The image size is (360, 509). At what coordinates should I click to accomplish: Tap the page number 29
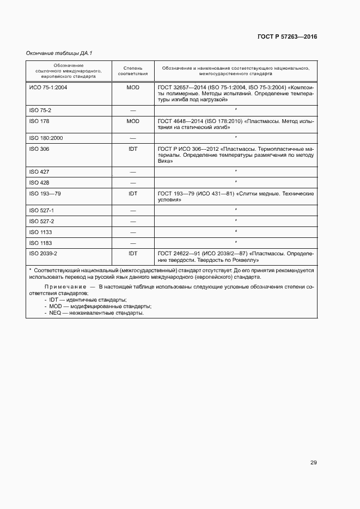click(314, 463)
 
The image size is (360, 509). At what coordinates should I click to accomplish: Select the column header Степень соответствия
click(133, 70)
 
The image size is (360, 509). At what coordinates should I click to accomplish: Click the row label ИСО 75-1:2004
click(47, 87)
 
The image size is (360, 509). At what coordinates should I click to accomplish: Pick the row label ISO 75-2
click(40, 110)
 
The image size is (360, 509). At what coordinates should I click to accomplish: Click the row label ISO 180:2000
click(46, 138)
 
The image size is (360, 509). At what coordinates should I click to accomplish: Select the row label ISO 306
click(39, 149)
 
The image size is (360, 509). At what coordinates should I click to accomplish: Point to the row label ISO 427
click(39, 171)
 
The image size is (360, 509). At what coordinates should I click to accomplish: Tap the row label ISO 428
click(39, 182)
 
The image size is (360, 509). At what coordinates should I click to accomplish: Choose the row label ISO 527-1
click(41, 210)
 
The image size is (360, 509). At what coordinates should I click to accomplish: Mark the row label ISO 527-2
click(41, 221)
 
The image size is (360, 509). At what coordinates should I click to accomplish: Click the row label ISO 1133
click(40, 232)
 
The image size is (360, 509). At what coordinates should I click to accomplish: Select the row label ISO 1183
click(40, 243)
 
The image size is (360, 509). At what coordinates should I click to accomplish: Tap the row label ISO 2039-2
click(43, 254)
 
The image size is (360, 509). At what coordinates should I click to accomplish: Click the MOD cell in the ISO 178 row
click(133, 121)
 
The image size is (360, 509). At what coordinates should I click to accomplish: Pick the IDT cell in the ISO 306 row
click(133, 149)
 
